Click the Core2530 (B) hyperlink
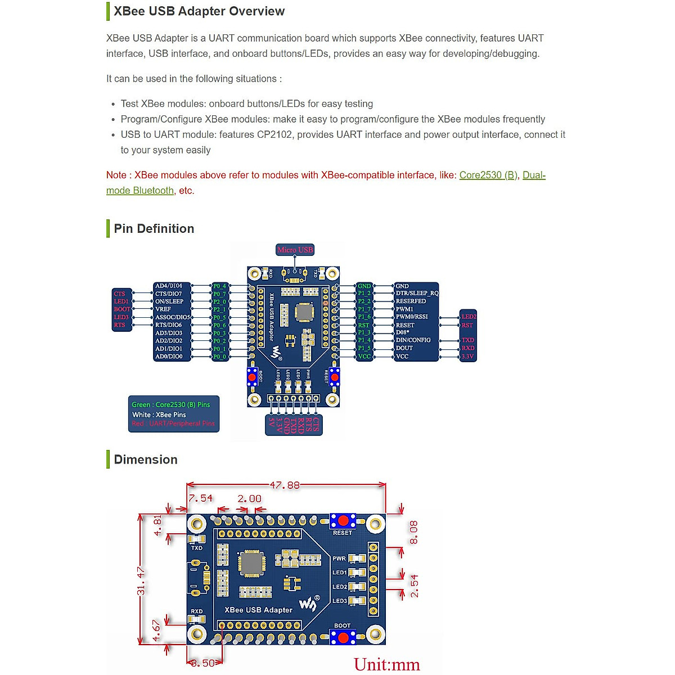(488, 175)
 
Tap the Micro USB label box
(295, 250)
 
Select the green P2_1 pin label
(219, 309)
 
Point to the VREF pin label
(163, 309)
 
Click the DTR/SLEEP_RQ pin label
(417, 294)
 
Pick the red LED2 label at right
(469, 317)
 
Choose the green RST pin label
(364, 325)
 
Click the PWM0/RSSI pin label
(412, 317)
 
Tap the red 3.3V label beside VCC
(467, 357)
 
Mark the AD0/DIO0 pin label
(169, 357)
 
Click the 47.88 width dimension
(285, 485)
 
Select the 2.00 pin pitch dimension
(249, 498)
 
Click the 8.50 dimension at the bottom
(202, 663)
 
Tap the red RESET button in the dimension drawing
(343, 520)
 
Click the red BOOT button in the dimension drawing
(343, 637)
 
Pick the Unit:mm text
(387, 664)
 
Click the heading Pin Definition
(154, 229)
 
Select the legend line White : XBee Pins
(159, 415)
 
